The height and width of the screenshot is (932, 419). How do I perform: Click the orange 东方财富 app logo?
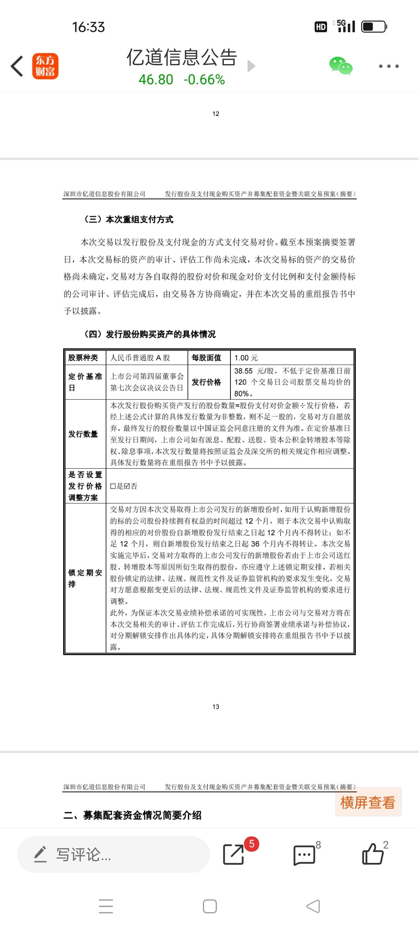45,66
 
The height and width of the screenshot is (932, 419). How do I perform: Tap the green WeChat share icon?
341,66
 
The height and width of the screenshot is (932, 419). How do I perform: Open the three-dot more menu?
388,66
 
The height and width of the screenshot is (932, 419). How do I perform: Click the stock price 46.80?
156,80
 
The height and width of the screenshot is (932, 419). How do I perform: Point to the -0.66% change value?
204,80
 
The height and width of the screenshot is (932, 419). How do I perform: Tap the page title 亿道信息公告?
182,57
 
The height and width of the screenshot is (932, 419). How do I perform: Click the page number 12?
216,114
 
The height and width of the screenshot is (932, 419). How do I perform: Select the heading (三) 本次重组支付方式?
129,219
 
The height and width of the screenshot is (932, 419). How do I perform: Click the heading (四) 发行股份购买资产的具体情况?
150,334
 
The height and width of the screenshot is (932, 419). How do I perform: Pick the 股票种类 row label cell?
83,358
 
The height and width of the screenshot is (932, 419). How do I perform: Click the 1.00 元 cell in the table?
246,358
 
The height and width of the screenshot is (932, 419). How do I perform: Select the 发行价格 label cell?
206,382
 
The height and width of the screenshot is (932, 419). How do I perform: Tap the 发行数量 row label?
83,434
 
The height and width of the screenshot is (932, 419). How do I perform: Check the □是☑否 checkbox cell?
124,486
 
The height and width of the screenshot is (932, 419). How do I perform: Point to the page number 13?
216,707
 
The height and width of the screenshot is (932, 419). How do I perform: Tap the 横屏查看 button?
368,802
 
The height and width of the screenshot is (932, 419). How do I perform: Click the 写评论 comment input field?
113,854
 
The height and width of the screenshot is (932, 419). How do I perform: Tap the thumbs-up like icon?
372,854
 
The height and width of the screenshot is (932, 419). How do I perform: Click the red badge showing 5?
252,844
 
